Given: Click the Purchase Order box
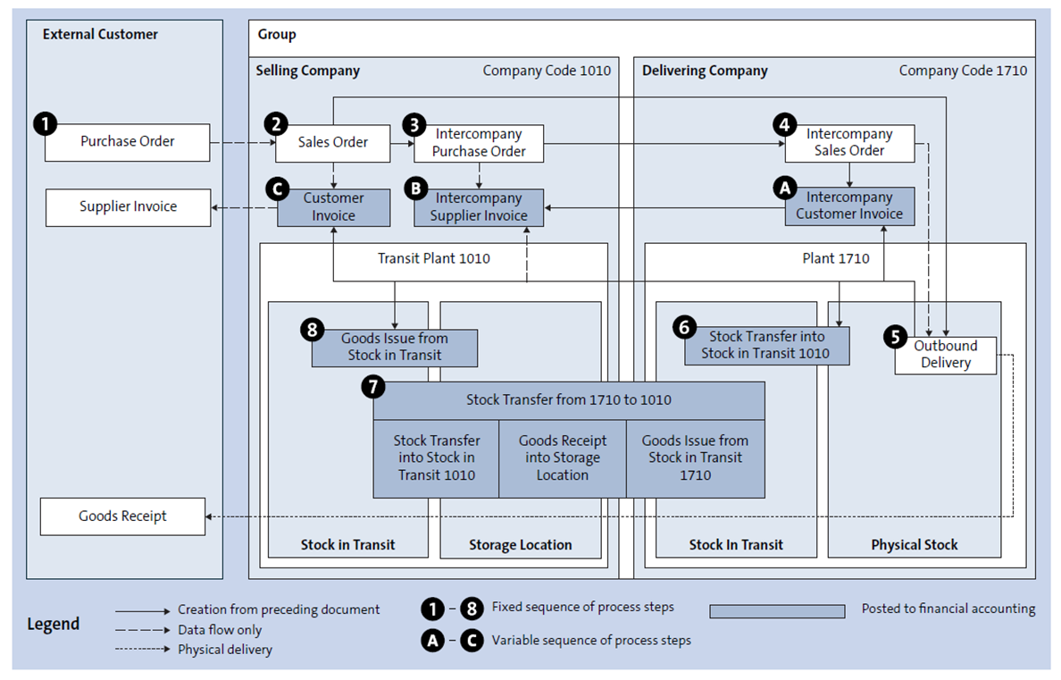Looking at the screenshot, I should (x=127, y=142).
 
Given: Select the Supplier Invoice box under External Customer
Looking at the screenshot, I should (x=128, y=206).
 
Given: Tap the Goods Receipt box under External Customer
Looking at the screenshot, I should (x=122, y=516).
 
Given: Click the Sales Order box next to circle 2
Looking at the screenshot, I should (x=333, y=143).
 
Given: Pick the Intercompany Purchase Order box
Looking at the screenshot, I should (x=478, y=143).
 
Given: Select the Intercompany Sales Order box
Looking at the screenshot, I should (x=848, y=143).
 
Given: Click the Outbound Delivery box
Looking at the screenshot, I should (x=945, y=355).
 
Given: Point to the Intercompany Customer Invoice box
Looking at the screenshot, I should (x=849, y=206).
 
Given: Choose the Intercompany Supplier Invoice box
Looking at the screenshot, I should (x=479, y=206).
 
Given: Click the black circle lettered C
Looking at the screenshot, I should (x=277, y=189).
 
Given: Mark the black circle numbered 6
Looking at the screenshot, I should (x=685, y=328).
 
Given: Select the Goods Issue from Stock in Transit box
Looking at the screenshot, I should (x=395, y=348).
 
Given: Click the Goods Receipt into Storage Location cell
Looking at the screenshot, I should (x=562, y=458).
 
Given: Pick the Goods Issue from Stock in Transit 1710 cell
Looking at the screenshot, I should (x=695, y=458).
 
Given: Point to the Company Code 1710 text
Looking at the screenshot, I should (x=963, y=71).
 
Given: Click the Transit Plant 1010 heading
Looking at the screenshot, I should (x=433, y=259).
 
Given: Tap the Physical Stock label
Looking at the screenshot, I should (x=914, y=544).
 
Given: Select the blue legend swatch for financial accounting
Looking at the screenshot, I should (x=777, y=611).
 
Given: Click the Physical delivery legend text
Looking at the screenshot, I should (x=225, y=650).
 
